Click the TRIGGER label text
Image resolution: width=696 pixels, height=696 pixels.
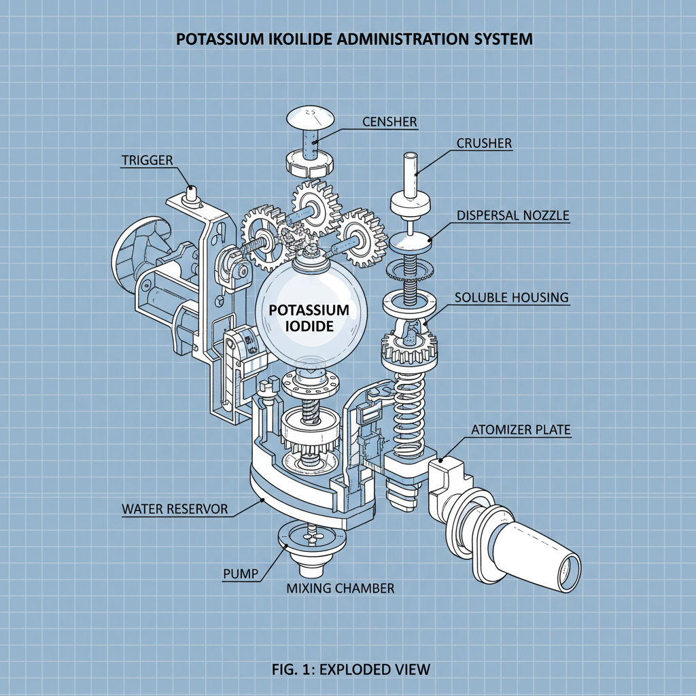click(x=147, y=160)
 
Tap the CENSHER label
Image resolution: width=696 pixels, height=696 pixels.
click(x=389, y=122)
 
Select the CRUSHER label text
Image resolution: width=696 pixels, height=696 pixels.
click(x=484, y=143)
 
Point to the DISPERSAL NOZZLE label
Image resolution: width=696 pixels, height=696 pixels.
click(x=512, y=215)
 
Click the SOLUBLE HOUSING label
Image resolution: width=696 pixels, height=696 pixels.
click(x=512, y=298)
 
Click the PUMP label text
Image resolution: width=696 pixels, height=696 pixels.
click(x=241, y=574)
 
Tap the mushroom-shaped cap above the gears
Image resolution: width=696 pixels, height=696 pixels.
click(x=311, y=119)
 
